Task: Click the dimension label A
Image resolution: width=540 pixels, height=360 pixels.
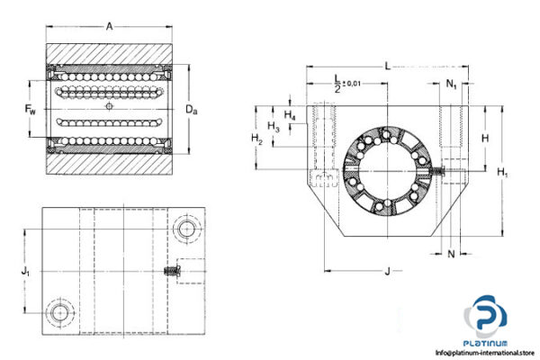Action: click(109, 27)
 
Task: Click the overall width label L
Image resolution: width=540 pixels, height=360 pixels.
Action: click(386, 66)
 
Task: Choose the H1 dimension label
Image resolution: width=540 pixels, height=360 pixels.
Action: click(504, 171)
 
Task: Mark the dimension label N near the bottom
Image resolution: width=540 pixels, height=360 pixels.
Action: click(451, 255)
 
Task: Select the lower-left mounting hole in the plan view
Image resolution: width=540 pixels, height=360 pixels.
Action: click(61, 312)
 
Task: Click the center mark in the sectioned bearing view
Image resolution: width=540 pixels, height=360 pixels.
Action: click(110, 107)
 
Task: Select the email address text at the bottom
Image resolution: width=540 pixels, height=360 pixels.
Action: click(485, 353)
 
